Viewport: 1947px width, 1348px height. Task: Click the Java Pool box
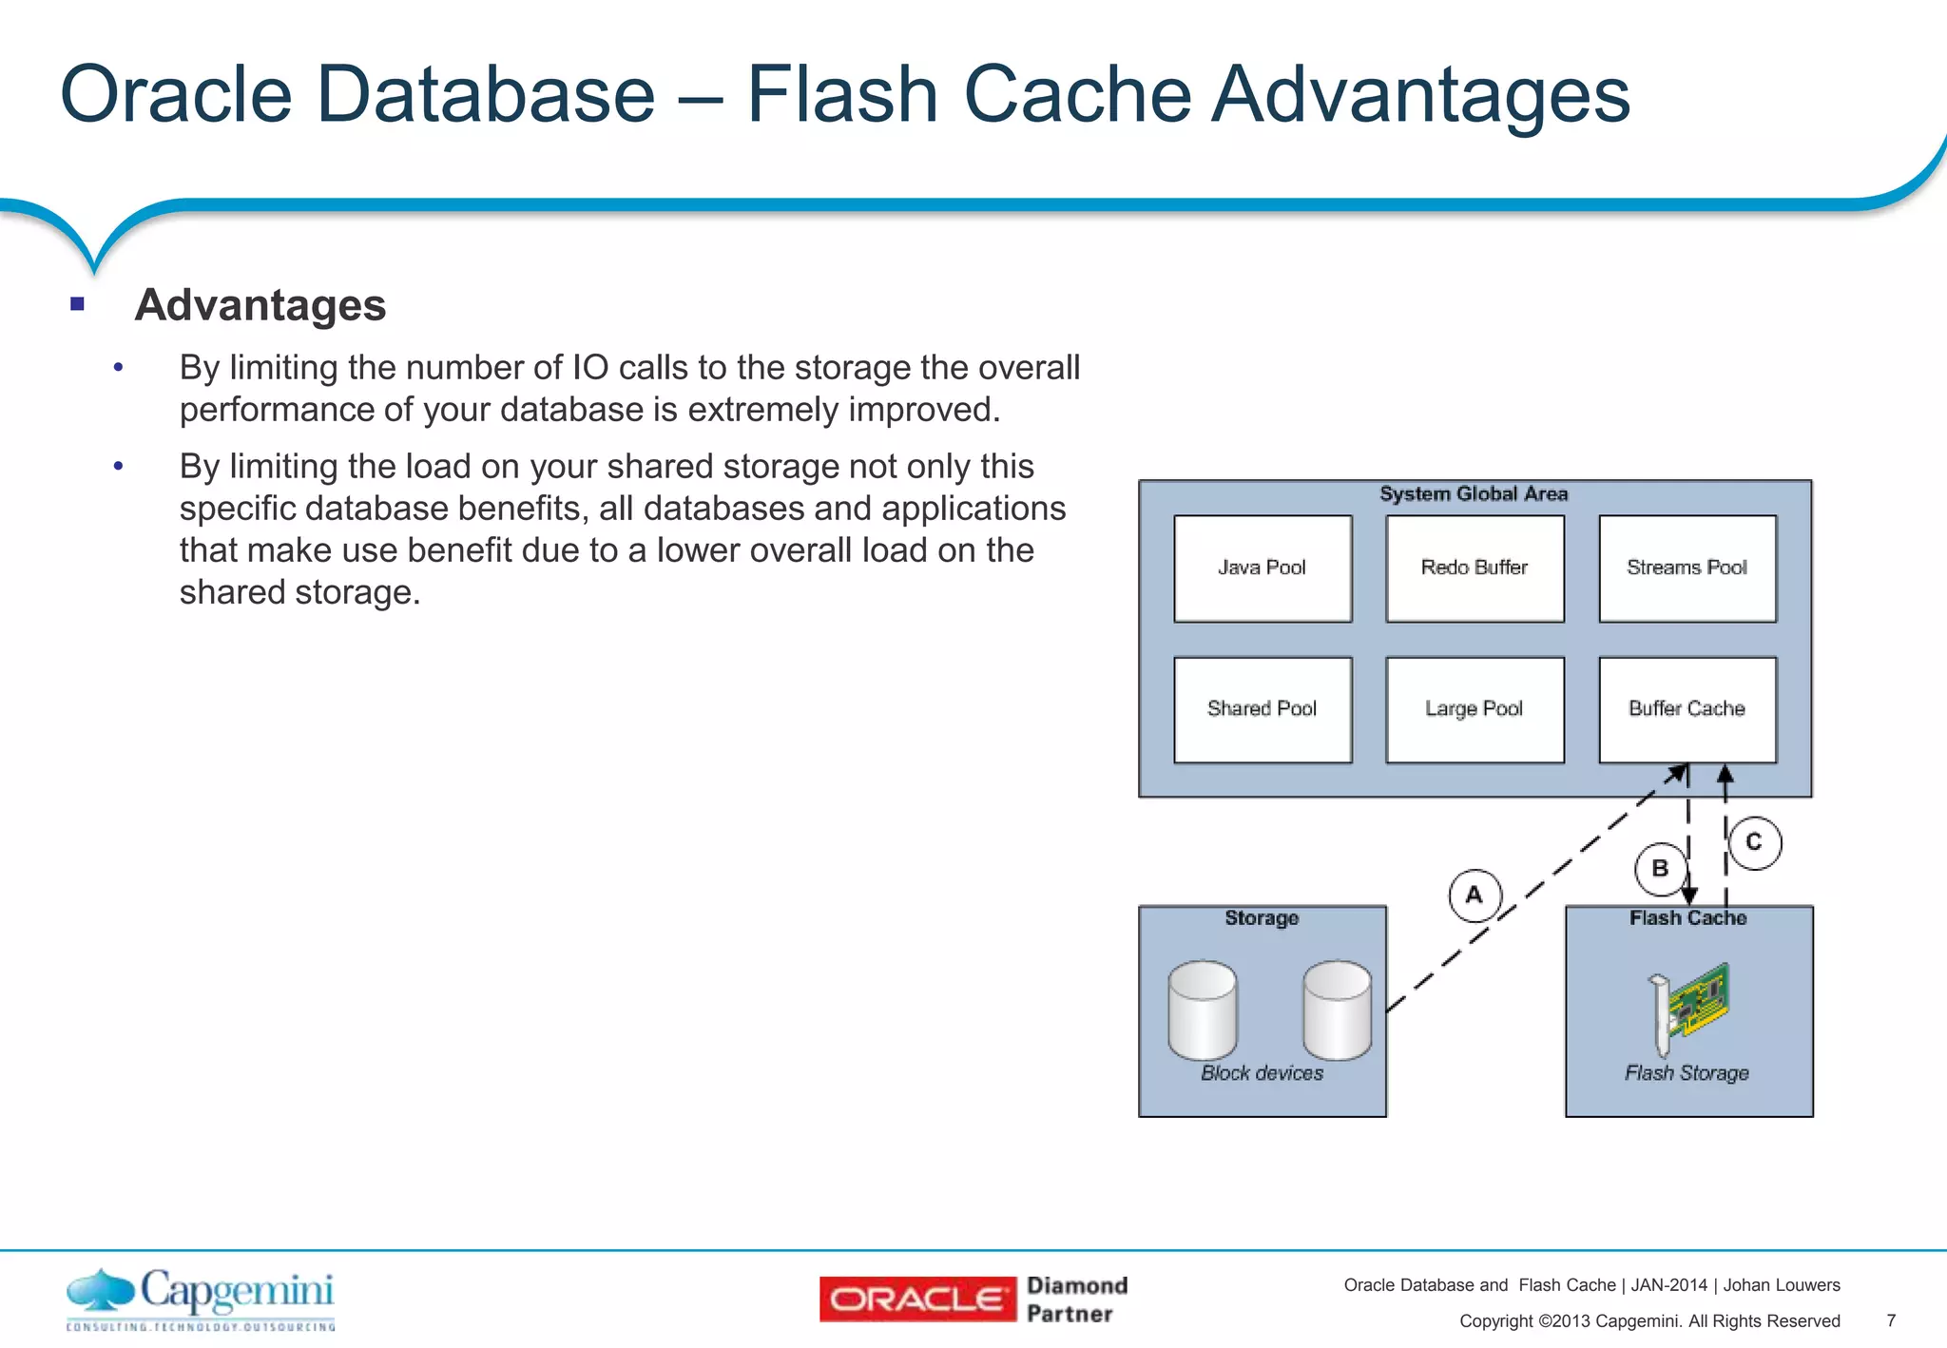click(x=1263, y=568)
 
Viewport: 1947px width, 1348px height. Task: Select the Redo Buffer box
click(x=1475, y=568)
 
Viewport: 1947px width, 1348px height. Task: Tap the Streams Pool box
click(x=1687, y=568)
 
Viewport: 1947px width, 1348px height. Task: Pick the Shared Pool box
click(x=1263, y=709)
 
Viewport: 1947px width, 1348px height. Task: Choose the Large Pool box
click(x=1475, y=709)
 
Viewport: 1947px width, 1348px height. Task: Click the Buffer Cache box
click(x=1687, y=709)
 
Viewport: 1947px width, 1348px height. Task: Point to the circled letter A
click(x=1475, y=895)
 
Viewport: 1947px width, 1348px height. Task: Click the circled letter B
click(x=1660, y=869)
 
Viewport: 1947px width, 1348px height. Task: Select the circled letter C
click(x=1754, y=842)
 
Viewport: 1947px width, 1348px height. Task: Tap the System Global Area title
click(x=1474, y=494)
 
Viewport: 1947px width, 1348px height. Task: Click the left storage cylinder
click(x=1203, y=1010)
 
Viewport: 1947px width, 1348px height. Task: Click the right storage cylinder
click(x=1338, y=1010)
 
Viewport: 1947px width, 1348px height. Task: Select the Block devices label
click(x=1262, y=1073)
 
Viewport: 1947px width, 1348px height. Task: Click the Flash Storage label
click(x=1687, y=1073)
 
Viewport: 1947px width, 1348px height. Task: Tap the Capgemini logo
click(x=201, y=1299)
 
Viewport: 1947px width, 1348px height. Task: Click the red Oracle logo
click(x=917, y=1300)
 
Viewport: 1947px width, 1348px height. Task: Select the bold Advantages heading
click(x=260, y=305)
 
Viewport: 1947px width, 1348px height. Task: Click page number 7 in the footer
click(x=1891, y=1320)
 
